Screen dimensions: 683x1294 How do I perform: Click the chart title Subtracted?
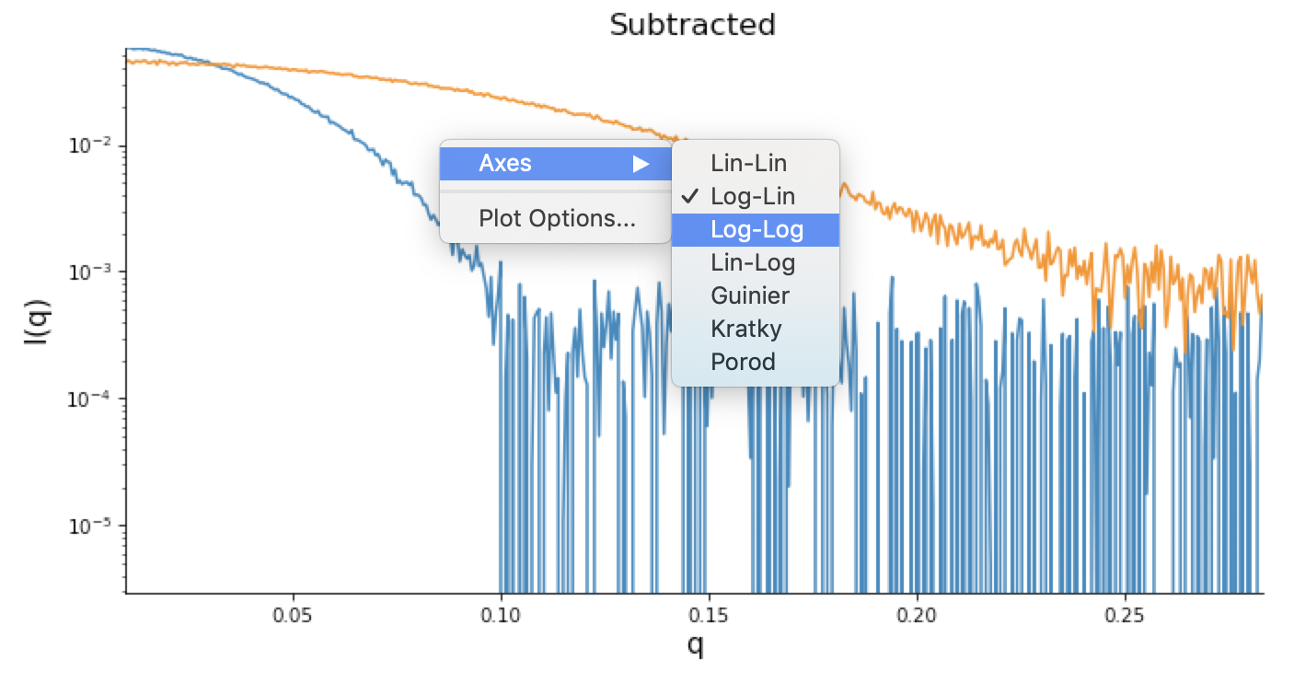pos(692,24)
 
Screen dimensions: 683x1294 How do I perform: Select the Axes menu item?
pos(505,164)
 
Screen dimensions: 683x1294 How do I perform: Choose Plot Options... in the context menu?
pos(556,219)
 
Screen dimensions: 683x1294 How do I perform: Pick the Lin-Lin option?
pos(748,164)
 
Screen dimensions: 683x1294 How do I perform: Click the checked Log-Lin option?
pos(753,197)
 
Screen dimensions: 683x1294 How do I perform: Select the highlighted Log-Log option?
pos(757,230)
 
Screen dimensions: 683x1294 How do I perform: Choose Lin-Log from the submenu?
pos(753,263)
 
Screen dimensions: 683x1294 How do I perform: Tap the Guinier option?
pos(750,296)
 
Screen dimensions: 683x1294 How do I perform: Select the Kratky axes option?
pos(746,330)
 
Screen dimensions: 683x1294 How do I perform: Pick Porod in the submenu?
pos(743,363)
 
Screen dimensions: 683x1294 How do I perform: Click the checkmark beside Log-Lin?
pos(687,197)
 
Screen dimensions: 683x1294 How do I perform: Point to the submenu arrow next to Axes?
pos(641,165)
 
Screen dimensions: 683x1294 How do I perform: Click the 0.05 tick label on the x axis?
pos(293,612)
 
